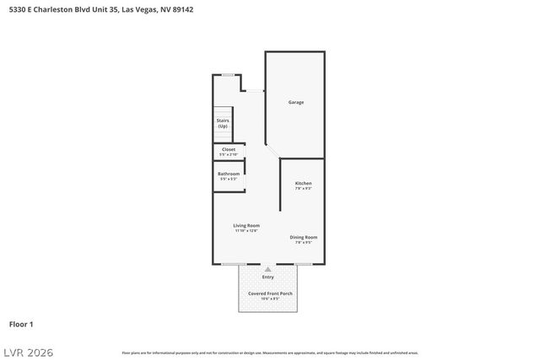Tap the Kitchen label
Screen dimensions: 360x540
coord(303,183)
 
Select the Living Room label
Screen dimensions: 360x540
coord(246,225)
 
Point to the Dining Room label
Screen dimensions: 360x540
coord(304,238)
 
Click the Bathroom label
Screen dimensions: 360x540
coord(228,174)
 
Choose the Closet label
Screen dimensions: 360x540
coord(228,149)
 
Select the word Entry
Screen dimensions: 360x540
coord(268,277)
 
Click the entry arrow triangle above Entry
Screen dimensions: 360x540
coord(268,269)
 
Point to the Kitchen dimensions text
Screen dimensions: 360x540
coord(303,189)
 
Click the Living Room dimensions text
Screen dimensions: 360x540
coord(246,231)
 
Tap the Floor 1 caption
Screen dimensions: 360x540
coord(21,324)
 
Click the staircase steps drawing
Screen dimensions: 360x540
coord(223,111)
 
